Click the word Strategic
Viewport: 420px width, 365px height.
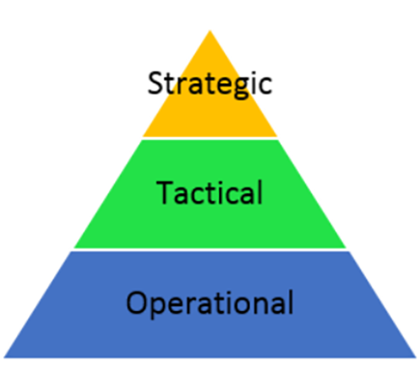[210, 83]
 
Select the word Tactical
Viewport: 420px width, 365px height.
[209, 193]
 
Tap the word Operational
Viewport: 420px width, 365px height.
[210, 304]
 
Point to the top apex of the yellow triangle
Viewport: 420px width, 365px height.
[210, 30]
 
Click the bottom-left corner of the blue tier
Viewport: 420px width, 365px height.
[4, 357]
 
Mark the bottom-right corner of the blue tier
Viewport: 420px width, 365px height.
[417, 357]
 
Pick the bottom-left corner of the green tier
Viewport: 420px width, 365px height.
[74, 248]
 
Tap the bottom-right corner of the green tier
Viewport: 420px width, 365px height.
[346, 248]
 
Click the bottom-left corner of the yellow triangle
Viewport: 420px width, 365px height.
[143, 136]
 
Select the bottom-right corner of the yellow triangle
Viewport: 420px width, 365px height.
[277, 136]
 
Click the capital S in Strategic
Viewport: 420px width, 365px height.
[155, 83]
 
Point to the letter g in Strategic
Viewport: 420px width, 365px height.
[240, 87]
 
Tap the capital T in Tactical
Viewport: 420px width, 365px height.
[165, 193]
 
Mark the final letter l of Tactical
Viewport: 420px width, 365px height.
[260, 193]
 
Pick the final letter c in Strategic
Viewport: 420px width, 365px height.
[265, 86]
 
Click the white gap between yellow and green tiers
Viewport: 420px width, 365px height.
[210, 138]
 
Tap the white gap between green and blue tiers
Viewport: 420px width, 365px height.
[210, 250]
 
